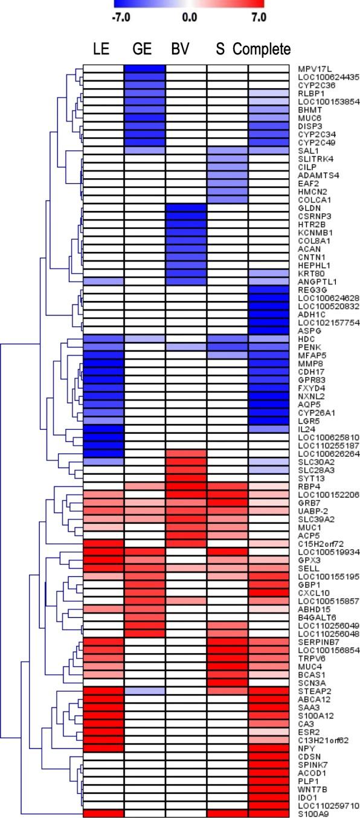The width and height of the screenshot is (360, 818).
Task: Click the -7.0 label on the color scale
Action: click(122, 18)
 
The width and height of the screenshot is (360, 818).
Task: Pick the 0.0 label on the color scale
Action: click(190, 18)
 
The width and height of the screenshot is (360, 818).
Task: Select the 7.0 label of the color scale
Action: click(258, 18)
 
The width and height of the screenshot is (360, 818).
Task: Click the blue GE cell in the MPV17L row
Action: click(145, 69)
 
